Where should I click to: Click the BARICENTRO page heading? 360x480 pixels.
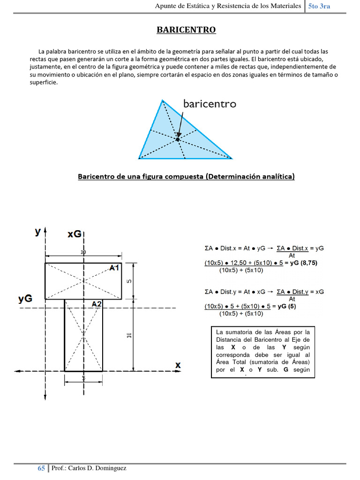(x=186, y=30)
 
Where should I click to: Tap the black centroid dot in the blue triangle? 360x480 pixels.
(x=178, y=139)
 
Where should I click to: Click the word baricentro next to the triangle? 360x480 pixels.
(x=210, y=104)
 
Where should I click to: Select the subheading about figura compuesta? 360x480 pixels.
(x=186, y=177)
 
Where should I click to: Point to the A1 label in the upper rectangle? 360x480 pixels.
(x=115, y=268)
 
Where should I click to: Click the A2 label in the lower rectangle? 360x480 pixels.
(x=97, y=304)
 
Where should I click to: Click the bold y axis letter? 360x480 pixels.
(x=38, y=232)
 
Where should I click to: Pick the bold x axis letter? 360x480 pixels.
(x=178, y=365)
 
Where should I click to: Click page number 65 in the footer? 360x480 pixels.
(x=41, y=469)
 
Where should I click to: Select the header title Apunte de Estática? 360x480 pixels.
(x=227, y=6)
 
